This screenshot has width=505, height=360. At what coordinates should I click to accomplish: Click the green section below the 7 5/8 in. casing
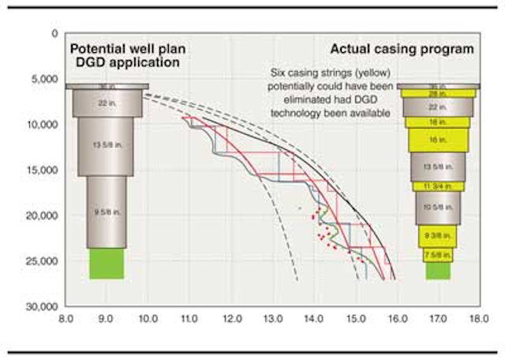[438, 270]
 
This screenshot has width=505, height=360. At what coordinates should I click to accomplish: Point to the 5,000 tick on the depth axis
[47, 79]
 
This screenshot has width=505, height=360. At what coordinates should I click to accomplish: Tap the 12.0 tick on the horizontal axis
[231, 320]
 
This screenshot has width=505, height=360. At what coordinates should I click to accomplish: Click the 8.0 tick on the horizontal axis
[66, 320]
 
